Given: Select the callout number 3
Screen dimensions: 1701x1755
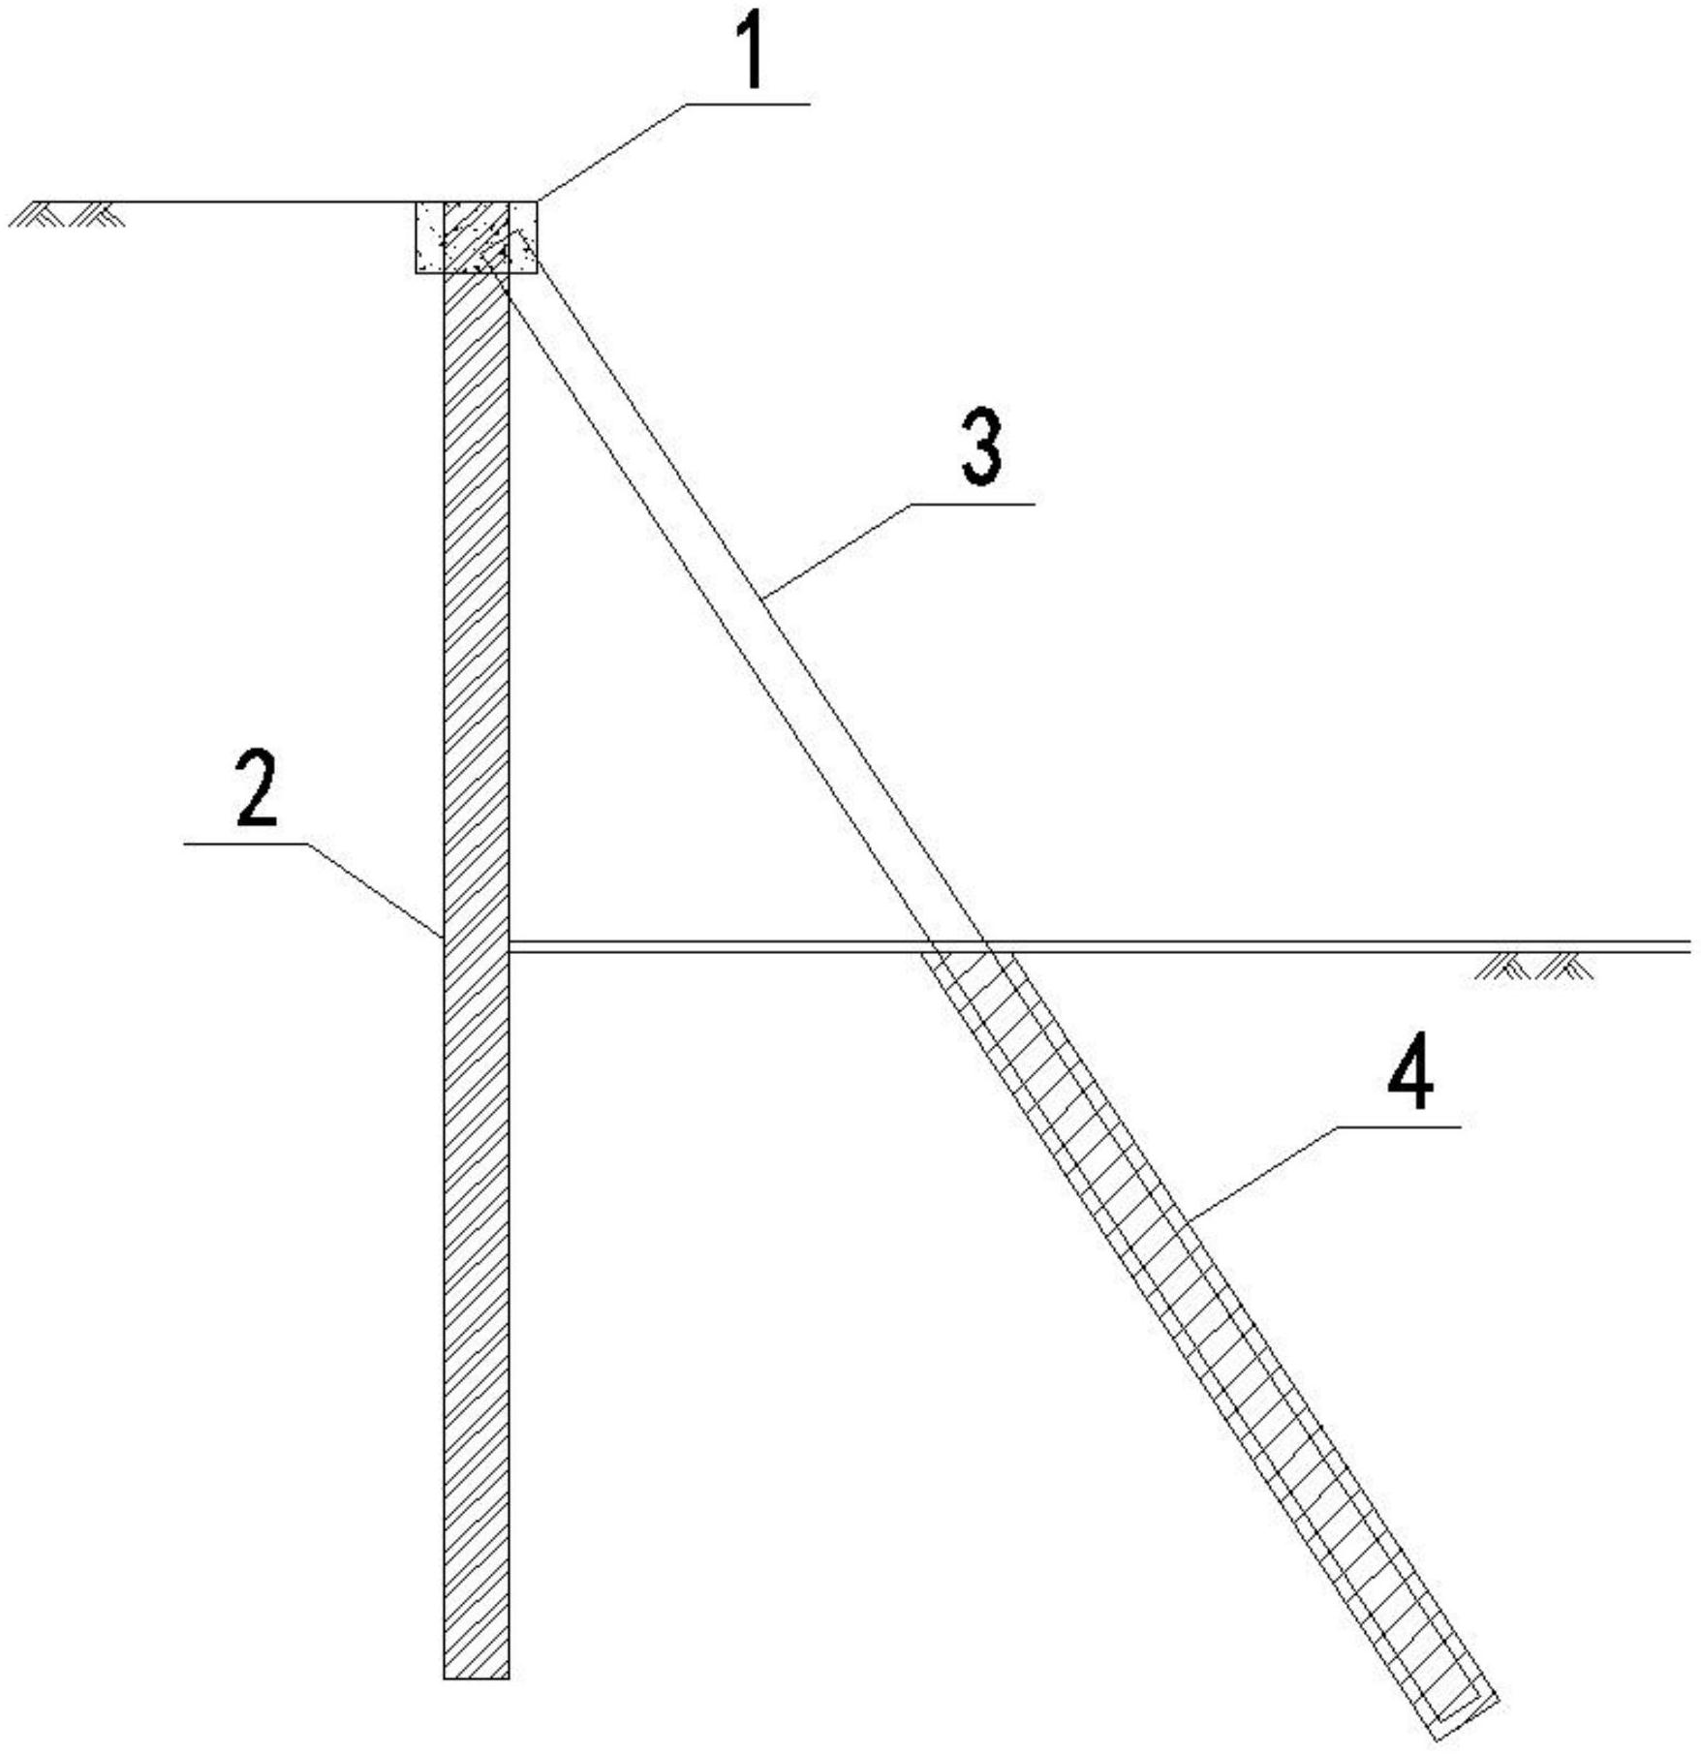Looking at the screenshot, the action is coord(980,447).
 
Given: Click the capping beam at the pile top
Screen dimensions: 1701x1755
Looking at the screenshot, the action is coord(476,237).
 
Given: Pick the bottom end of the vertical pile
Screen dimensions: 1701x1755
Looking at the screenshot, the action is coord(476,1485).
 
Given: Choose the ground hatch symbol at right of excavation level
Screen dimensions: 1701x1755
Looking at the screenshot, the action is coord(1534,966).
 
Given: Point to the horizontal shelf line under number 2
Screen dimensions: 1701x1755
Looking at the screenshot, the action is coord(247,844).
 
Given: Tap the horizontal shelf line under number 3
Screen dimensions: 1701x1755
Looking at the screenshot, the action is coord(973,504).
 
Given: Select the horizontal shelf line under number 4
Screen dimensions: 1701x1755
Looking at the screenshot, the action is coord(1400,1126).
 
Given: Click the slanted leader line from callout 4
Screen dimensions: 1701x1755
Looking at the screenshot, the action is coord(1263,1172).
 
